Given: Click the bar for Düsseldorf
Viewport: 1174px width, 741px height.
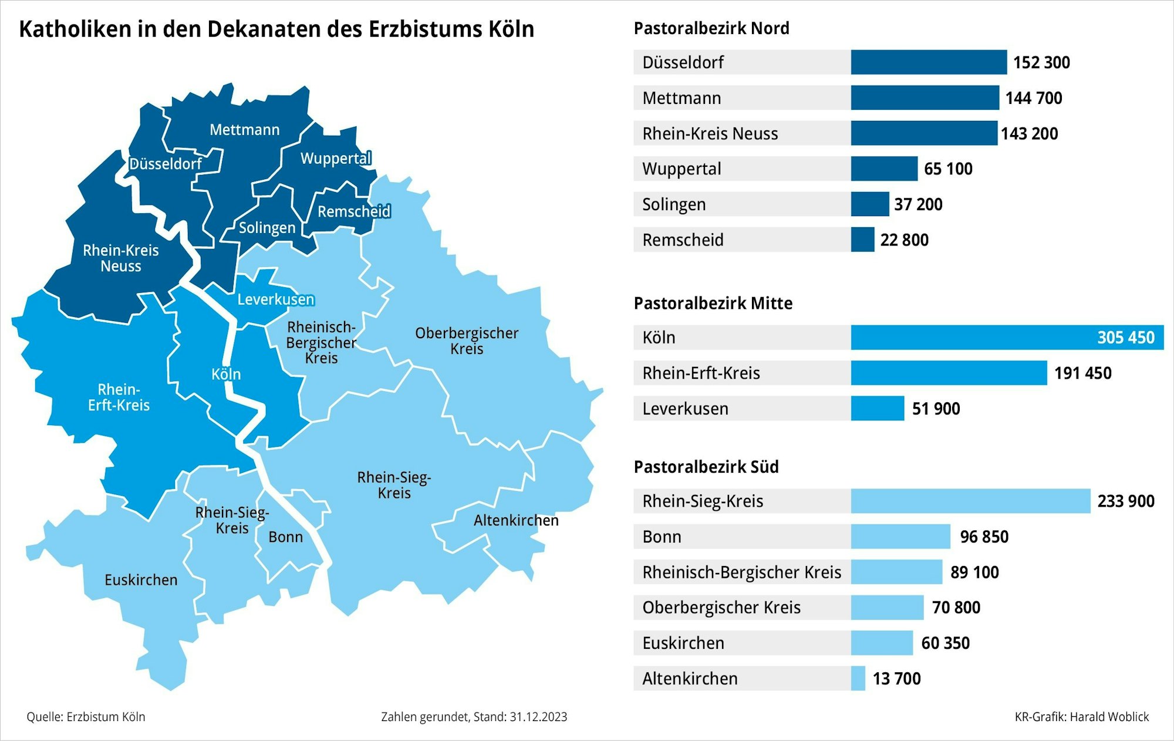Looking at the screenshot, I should click(x=929, y=62).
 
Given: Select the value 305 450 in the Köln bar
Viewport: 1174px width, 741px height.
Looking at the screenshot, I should click(x=1125, y=338).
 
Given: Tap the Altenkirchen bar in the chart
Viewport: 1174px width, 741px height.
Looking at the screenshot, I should click(x=858, y=678).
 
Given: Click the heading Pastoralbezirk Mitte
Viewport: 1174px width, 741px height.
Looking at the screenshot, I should click(x=713, y=304).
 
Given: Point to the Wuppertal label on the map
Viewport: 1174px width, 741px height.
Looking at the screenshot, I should click(x=336, y=159).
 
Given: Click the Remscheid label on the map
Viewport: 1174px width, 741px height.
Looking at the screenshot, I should click(x=353, y=211).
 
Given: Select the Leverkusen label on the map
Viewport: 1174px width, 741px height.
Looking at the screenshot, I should click(x=275, y=299).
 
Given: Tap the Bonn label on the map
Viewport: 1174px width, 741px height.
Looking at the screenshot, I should click(x=285, y=537).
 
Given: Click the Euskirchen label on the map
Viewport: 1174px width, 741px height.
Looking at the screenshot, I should click(x=141, y=580).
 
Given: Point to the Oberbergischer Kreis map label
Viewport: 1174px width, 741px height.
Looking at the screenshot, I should click(x=467, y=341).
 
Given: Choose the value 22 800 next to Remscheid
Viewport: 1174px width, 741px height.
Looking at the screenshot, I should click(x=904, y=240).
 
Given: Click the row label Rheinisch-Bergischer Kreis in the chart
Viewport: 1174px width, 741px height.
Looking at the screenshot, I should click(x=741, y=572).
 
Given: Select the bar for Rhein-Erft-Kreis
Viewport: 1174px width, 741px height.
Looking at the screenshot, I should click(x=949, y=373).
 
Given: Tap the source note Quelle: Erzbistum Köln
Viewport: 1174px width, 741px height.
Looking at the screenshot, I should click(x=86, y=717).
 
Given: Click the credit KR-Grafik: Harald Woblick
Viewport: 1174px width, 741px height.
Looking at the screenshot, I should click(x=1081, y=717).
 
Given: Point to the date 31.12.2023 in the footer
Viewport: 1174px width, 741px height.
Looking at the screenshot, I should click(x=538, y=717).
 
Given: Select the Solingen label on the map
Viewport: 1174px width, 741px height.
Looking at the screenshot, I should click(x=267, y=228).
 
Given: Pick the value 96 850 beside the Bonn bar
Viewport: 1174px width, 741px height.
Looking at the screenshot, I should click(x=984, y=537).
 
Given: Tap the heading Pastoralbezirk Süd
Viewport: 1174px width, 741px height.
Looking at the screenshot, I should click(x=706, y=467).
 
